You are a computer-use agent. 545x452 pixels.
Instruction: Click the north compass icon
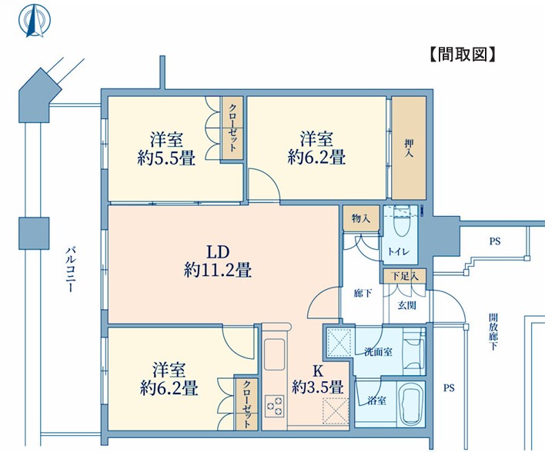[x=35, y=20]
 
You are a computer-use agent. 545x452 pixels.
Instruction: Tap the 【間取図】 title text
[x=463, y=54]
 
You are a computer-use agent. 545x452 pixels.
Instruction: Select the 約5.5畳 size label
[x=166, y=158]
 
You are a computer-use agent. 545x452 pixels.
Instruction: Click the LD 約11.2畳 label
[x=218, y=261]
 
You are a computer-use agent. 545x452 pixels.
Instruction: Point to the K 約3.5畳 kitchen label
[x=318, y=379]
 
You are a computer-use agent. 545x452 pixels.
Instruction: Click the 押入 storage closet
[x=409, y=148]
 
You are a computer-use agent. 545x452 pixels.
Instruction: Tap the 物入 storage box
[x=361, y=218]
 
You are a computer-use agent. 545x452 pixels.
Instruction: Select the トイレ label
[x=399, y=251]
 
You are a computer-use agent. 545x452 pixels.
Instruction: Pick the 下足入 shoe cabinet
[x=404, y=276]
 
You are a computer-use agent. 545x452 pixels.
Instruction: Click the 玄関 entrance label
[x=407, y=305]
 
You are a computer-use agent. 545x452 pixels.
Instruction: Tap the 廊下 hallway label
[x=363, y=294]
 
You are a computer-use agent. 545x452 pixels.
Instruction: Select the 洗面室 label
[x=378, y=351]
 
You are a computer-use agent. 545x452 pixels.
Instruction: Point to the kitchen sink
[x=274, y=354]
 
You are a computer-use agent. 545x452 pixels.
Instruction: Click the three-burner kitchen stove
[x=274, y=406]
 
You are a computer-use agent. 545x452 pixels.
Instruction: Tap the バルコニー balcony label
[x=71, y=269]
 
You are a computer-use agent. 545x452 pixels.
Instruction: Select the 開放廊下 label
[x=493, y=331]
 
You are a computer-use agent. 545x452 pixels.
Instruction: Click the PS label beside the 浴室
[x=449, y=387]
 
